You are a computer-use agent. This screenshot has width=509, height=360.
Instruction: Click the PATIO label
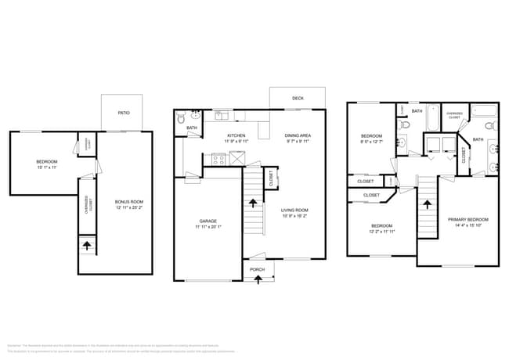(x=124, y=113)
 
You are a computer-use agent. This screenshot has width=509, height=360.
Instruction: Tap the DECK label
(x=298, y=99)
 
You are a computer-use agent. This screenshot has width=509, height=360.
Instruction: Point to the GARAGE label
(x=208, y=221)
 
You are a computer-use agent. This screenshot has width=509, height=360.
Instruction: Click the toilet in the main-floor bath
(x=181, y=120)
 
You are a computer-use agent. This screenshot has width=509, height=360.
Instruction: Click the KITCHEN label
(x=236, y=135)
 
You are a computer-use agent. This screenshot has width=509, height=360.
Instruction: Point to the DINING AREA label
(x=298, y=135)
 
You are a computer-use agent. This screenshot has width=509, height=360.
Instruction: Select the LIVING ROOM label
(x=295, y=210)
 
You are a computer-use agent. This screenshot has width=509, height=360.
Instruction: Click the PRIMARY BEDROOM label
(x=467, y=219)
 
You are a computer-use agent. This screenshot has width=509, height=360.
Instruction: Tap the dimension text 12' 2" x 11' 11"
(x=383, y=232)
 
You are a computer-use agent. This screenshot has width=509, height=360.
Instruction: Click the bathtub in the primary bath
(x=483, y=110)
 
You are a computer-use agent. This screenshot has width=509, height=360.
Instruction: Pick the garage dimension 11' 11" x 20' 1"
(x=208, y=228)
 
